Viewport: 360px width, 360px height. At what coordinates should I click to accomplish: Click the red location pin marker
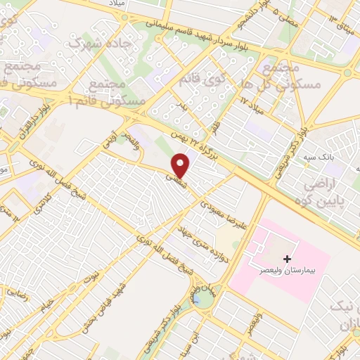click(181, 166)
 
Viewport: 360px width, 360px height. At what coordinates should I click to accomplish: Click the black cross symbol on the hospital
click(287, 259)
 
